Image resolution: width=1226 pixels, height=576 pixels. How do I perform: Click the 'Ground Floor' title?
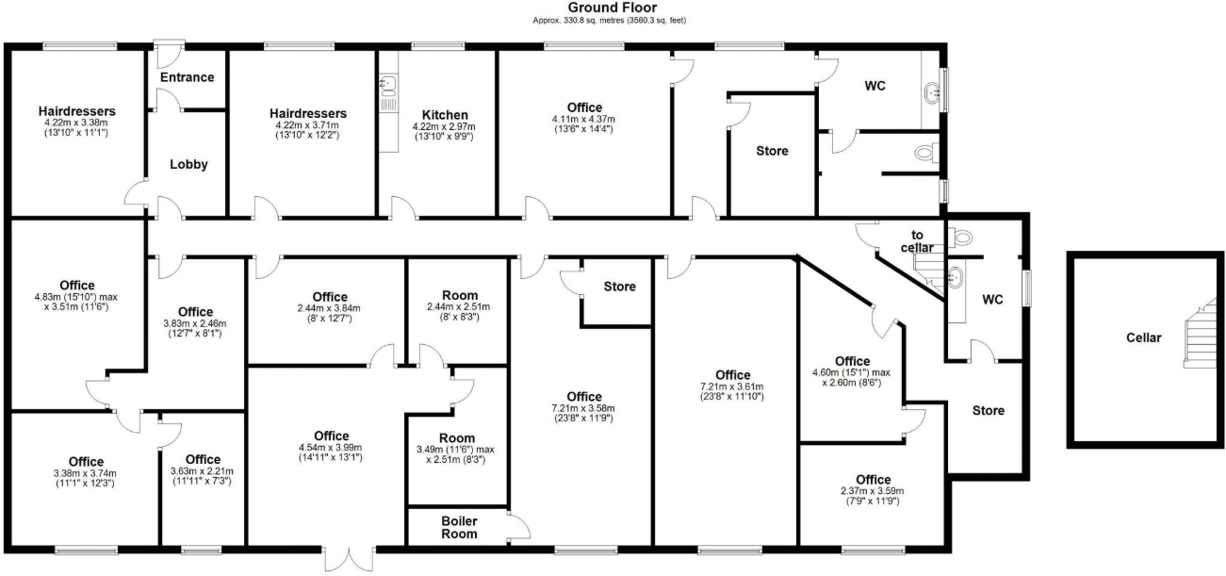(x=613, y=8)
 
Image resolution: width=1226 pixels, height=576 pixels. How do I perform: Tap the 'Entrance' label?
(x=187, y=77)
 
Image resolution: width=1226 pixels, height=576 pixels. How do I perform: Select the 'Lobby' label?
(x=188, y=164)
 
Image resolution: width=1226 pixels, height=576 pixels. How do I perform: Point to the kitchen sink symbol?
(x=386, y=87)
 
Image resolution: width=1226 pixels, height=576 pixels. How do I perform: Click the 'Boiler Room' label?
(x=459, y=527)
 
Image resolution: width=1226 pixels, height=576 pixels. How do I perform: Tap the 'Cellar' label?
(x=1144, y=337)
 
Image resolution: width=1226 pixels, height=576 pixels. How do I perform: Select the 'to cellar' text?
(x=915, y=241)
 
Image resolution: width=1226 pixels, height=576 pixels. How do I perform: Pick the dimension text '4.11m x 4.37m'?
(x=584, y=120)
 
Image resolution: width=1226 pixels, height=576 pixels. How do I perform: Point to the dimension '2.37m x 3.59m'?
(x=873, y=491)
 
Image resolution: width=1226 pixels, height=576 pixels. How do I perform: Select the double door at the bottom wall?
(x=349, y=560)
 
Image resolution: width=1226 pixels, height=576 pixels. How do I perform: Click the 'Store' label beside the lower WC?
(x=988, y=411)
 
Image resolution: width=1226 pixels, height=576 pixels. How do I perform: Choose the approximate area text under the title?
(x=613, y=19)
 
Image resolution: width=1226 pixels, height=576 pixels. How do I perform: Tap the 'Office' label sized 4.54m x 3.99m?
(x=331, y=436)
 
